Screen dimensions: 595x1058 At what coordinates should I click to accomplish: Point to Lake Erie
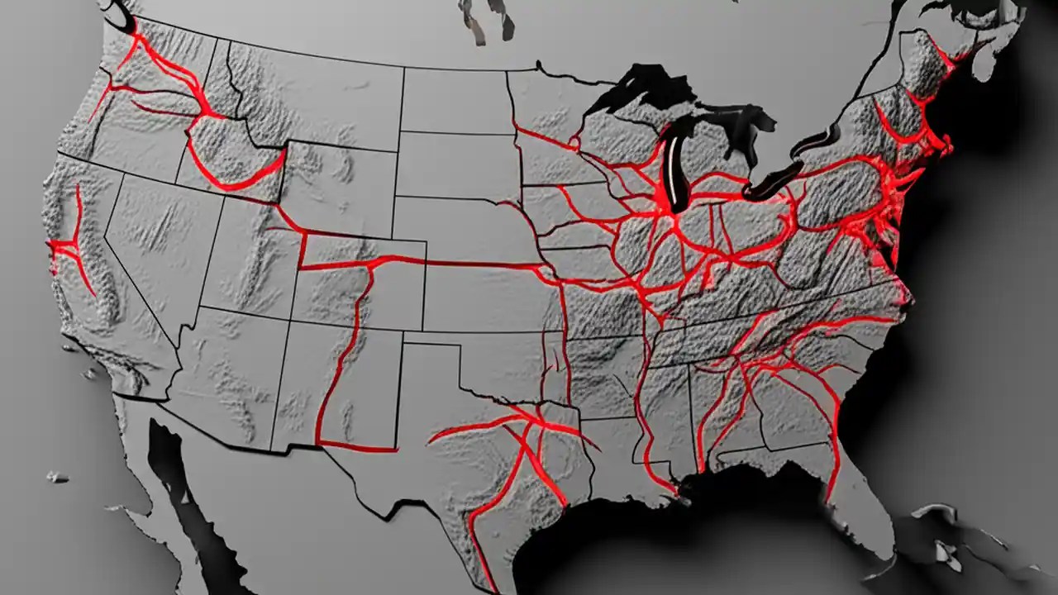[x=773, y=182]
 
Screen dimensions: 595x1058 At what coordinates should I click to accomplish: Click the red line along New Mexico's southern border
[x=355, y=449]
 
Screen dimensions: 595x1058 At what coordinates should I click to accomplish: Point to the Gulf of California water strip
[x=165, y=463]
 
